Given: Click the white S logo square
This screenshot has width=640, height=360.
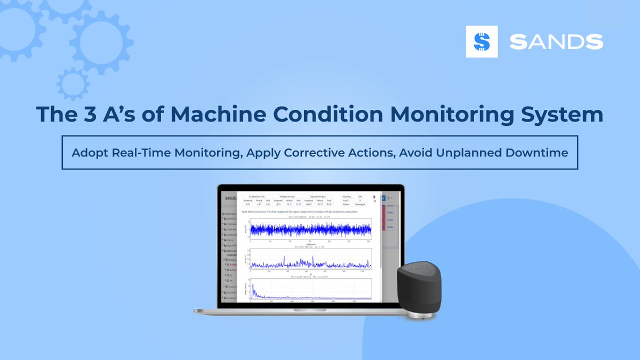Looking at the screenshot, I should (482, 42).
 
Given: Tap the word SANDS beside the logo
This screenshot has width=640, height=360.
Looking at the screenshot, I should (556, 42).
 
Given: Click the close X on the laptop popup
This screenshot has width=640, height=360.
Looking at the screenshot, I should (374, 201).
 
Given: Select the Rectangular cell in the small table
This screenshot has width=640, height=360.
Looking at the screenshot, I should (360, 204).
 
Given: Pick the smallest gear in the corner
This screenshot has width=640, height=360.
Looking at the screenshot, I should (73, 84).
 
